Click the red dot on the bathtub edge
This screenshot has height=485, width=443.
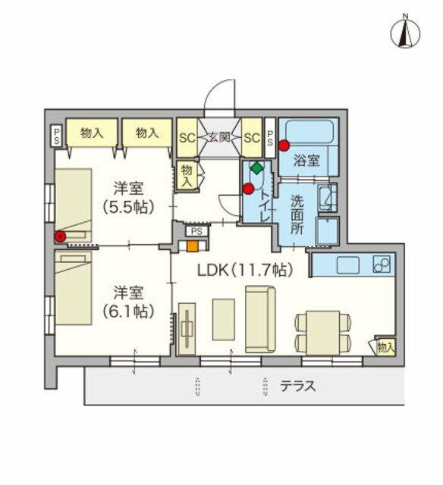tap(284, 145)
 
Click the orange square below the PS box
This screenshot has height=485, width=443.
tap(193, 246)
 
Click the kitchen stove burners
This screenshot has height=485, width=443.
tap(381, 265)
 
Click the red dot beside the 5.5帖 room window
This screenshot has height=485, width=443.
tap(59, 236)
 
